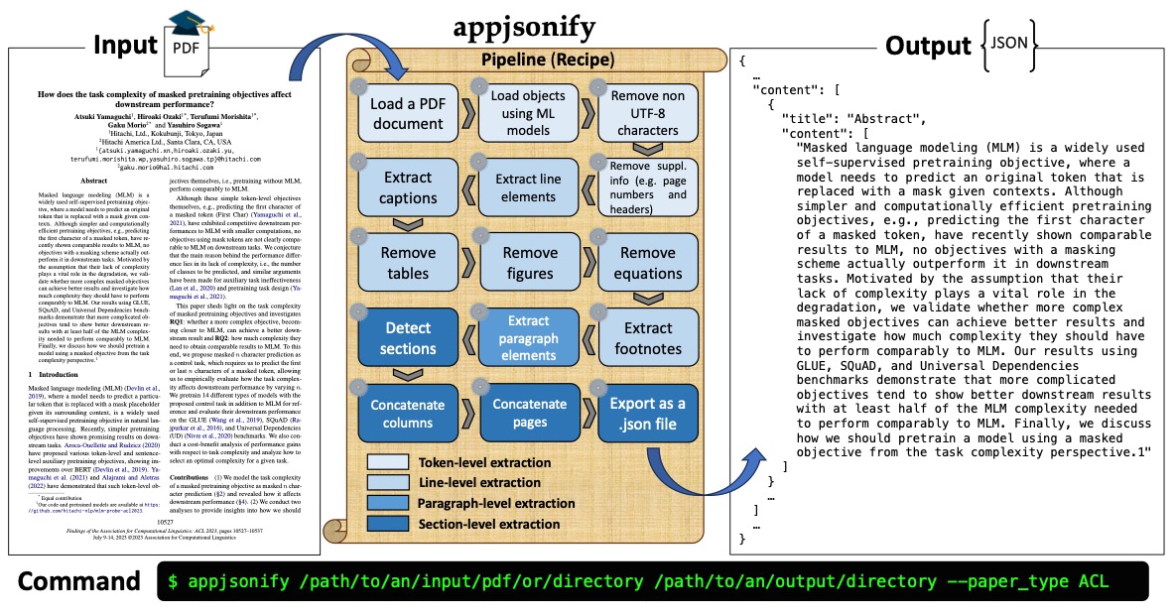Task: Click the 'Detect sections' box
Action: point(408,336)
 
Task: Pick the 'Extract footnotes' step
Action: point(647,338)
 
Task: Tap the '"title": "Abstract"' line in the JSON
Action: point(858,118)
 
